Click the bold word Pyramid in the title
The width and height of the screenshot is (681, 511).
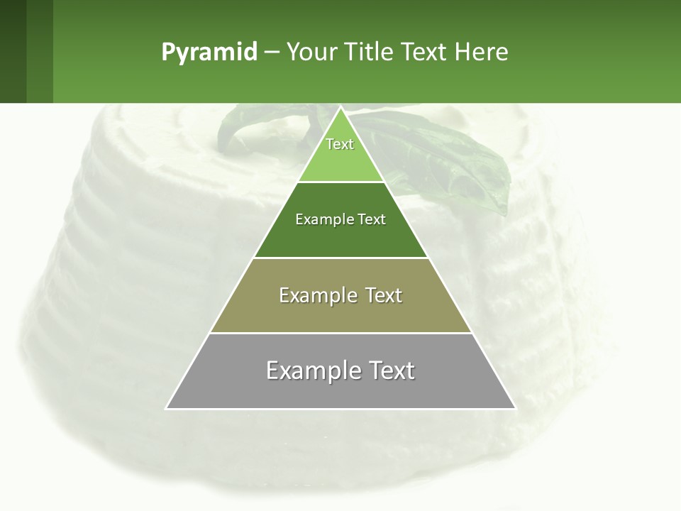coord(209,53)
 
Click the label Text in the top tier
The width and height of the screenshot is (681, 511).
coord(340,144)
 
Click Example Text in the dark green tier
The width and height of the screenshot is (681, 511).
coord(340,219)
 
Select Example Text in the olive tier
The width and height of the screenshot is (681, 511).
coord(340,295)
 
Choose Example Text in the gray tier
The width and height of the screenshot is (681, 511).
coord(340,370)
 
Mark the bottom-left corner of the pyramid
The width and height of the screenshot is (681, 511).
coord(167,408)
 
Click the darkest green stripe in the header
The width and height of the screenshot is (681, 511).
coord(13,51)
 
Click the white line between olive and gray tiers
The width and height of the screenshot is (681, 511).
coord(340,333)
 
